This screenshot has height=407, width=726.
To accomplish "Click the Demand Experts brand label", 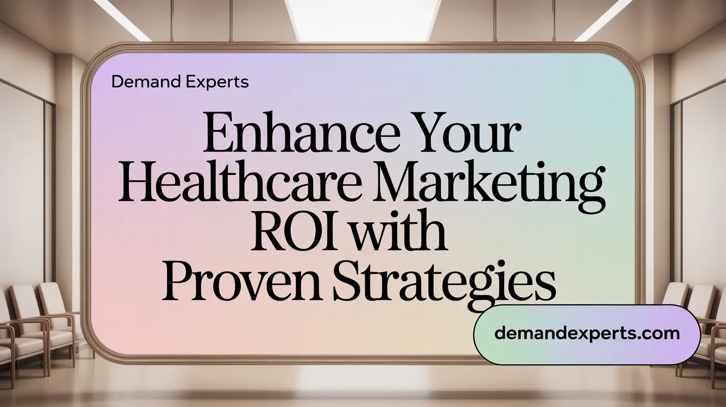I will [180, 82].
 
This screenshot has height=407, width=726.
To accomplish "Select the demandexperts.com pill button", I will [587, 333].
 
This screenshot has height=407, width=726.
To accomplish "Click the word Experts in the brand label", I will [216, 82].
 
